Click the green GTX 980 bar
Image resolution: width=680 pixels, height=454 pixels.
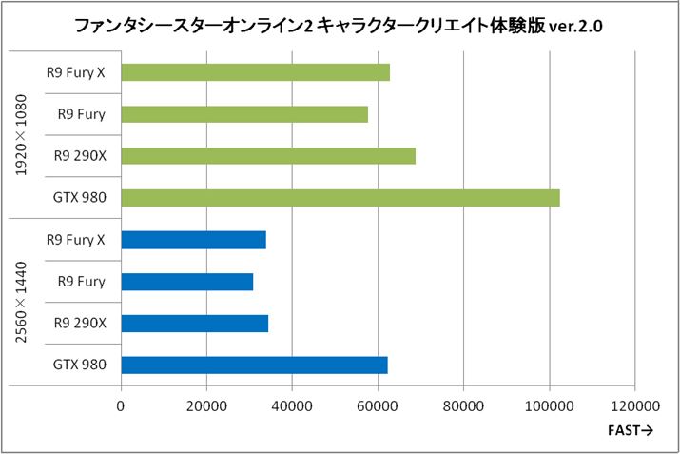(x=340, y=198)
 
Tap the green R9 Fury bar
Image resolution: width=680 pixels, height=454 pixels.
(x=244, y=114)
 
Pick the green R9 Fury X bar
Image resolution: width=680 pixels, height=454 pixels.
(x=256, y=72)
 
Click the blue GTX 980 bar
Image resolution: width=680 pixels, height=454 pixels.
(x=254, y=365)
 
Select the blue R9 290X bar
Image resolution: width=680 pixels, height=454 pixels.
(x=195, y=323)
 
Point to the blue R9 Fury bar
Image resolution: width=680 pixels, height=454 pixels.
(x=187, y=282)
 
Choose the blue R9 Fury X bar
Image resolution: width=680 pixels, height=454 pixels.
(x=194, y=240)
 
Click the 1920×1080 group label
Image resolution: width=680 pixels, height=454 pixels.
(x=21, y=135)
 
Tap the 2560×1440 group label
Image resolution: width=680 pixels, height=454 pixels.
(x=21, y=302)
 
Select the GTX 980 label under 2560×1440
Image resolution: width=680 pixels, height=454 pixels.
(x=80, y=365)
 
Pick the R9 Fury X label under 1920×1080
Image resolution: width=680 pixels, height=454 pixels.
(x=75, y=72)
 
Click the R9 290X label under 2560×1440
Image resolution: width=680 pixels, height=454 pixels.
(x=80, y=323)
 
